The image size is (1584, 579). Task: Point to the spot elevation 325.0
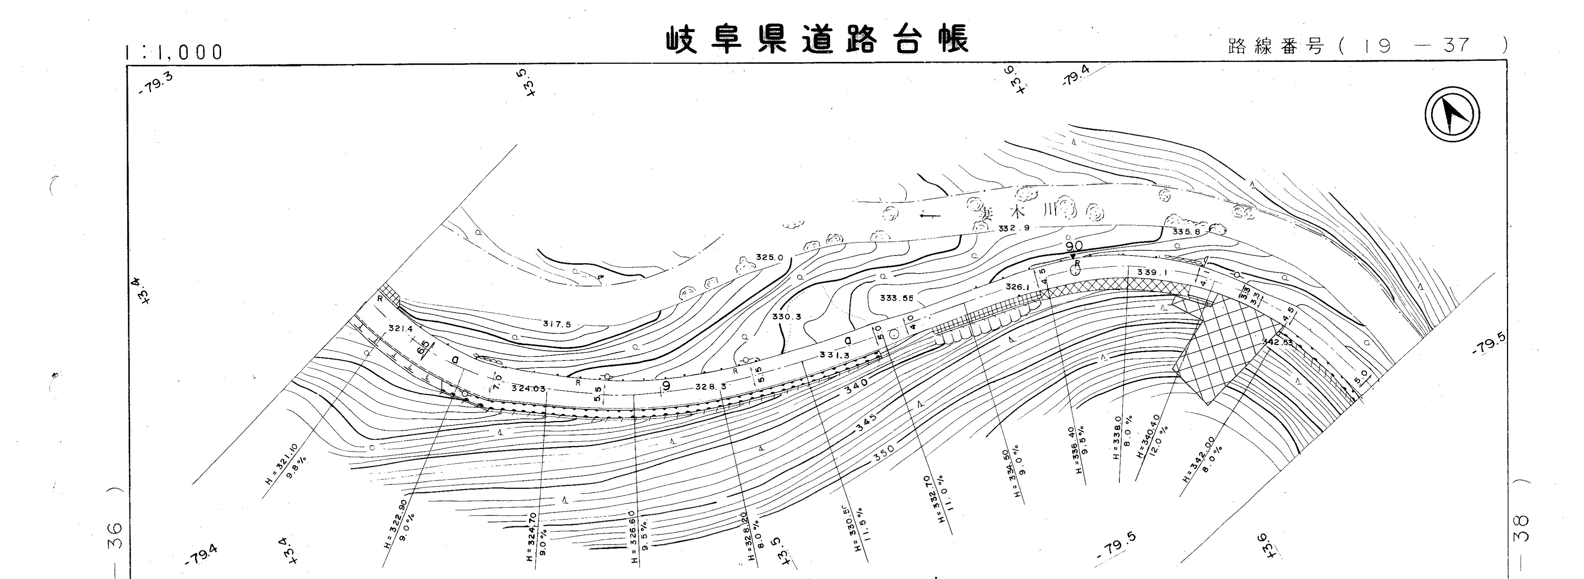(769, 257)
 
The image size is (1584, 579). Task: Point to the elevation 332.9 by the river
(1013, 228)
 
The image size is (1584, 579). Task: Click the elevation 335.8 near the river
(1186, 232)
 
